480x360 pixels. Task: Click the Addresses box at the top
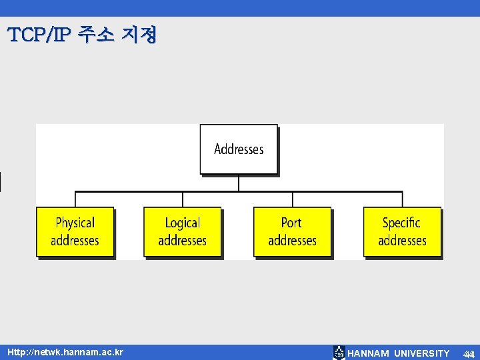tap(239, 149)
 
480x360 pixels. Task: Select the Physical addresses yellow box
tap(75, 231)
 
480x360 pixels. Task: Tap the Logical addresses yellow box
tap(183, 231)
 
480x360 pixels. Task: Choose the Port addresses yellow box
tap(292, 231)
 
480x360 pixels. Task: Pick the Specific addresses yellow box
tap(402, 231)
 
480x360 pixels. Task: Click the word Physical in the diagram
tap(75, 223)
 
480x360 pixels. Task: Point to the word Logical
tap(183, 223)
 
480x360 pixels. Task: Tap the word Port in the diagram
tap(291, 223)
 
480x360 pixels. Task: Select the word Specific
tap(401, 223)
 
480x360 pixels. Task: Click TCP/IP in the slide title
tap(38, 35)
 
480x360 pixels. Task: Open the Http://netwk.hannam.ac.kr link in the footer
tap(65, 351)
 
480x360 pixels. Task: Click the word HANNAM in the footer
tap(368, 353)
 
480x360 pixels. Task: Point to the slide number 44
tap(469, 353)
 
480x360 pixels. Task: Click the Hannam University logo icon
tap(339, 353)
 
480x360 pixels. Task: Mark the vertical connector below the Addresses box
tap(239, 183)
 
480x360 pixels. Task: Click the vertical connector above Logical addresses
tap(183, 199)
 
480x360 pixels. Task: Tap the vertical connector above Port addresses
tap(293, 199)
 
